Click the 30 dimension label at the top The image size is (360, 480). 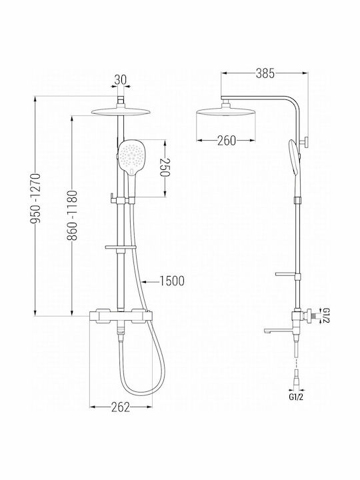tap(120, 80)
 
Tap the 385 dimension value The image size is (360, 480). tap(265, 73)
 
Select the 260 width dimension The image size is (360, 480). tap(227, 141)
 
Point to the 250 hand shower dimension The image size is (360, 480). tap(165, 167)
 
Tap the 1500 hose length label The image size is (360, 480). tap(172, 281)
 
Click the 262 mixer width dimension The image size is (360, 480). tap(120, 407)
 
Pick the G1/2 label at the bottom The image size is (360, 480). tap(296, 397)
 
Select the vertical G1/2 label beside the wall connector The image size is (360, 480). tap(326, 315)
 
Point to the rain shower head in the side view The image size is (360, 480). tap(226, 112)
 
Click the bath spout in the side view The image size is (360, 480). tap(278, 330)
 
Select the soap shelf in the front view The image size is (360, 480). tap(121, 247)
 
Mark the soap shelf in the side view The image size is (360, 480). tap(285, 274)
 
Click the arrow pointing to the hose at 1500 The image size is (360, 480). tap(150, 281)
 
